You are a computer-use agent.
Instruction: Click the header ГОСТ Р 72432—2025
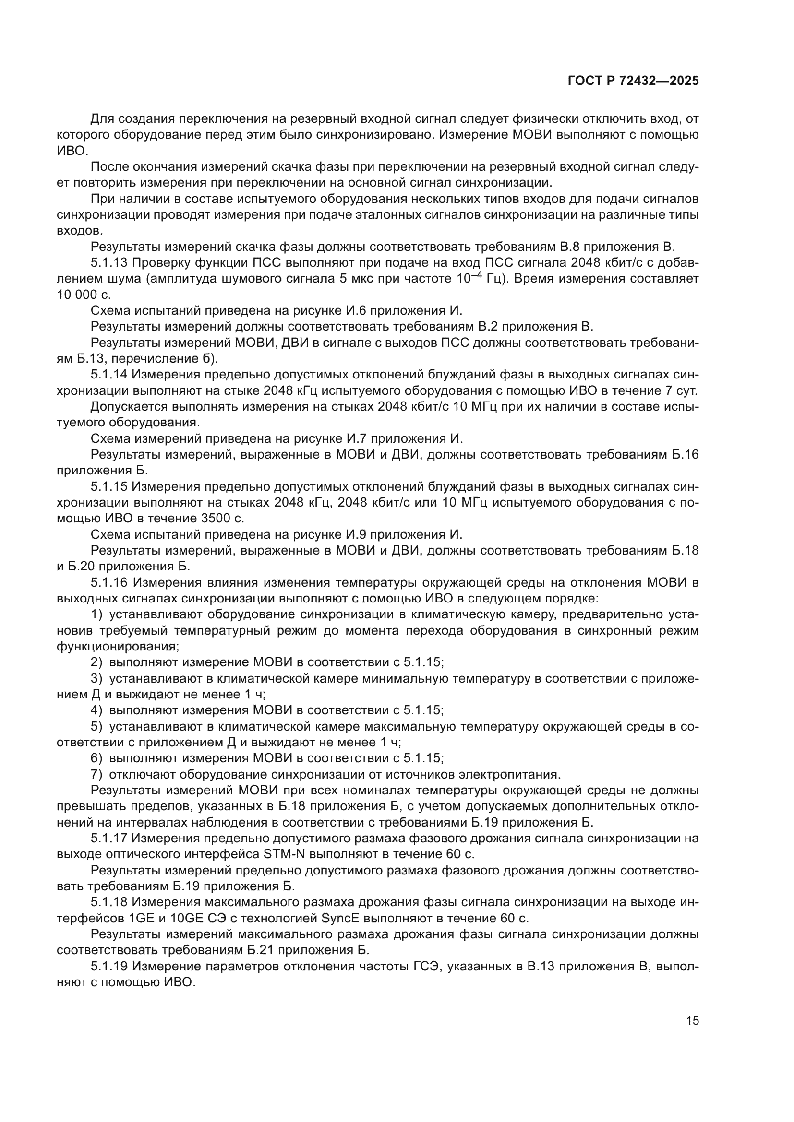tap(633, 81)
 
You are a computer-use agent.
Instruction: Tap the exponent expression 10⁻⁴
tap(469, 278)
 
